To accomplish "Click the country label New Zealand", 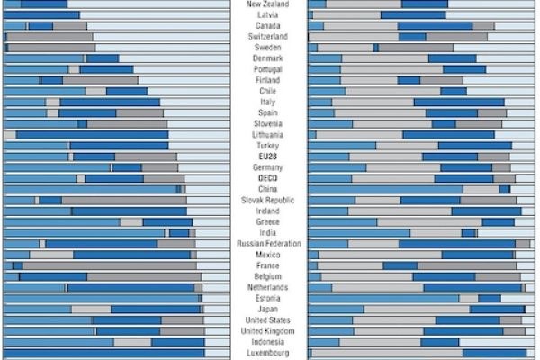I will coord(267,4).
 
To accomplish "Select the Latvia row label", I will coord(267,15).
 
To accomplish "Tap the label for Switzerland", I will coord(267,37).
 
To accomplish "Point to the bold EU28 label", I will coord(267,157).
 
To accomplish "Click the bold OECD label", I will coord(267,178).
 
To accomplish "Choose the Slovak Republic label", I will coord(267,200).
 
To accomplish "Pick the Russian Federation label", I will coord(267,244).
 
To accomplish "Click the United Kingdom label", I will coord(267,330).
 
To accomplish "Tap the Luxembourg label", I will coord(267,353).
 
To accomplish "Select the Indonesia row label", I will coord(267,342).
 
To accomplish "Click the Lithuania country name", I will coord(267,135).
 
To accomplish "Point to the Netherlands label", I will coord(267,287).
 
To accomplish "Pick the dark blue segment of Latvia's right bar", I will coord(412,15).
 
